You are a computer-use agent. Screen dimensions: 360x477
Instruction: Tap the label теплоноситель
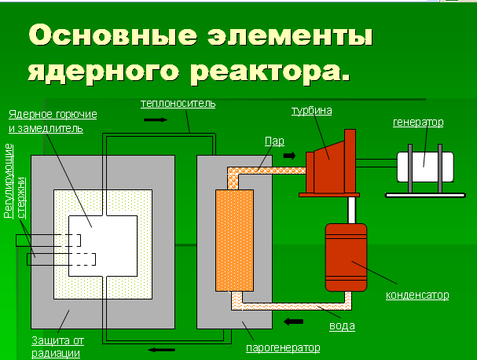(x=178, y=104)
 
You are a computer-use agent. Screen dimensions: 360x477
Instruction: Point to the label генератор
(x=418, y=122)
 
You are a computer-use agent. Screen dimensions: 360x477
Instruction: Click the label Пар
(x=274, y=141)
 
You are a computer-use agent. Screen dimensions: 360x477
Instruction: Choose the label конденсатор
(x=417, y=295)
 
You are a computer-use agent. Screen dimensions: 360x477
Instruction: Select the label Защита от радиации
(x=57, y=347)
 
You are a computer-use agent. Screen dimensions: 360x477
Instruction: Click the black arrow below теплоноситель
(x=156, y=120)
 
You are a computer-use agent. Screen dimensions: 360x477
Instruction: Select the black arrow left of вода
(x=295, y=321)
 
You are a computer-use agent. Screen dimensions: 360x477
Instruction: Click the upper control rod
(x=51, y=241)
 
